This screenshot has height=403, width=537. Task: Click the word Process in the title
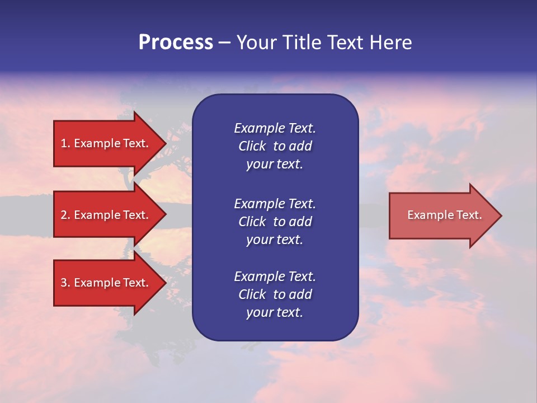point(176,43)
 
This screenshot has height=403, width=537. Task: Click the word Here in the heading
point(390,43)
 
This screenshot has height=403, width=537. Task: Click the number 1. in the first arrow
point(65,143)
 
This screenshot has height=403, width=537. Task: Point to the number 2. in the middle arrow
point(65,215)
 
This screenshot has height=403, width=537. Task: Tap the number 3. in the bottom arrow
point(65,283)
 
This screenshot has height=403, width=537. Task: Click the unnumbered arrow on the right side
point(442,215)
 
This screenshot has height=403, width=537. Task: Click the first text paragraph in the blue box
point(275,146)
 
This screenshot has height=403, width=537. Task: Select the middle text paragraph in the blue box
point(275,222)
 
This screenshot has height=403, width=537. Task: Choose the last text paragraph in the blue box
point(275,294)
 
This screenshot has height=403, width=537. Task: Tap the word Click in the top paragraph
point(252,146)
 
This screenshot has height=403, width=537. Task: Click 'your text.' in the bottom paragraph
point(275,313)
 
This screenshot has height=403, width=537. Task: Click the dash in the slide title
point(224,43)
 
